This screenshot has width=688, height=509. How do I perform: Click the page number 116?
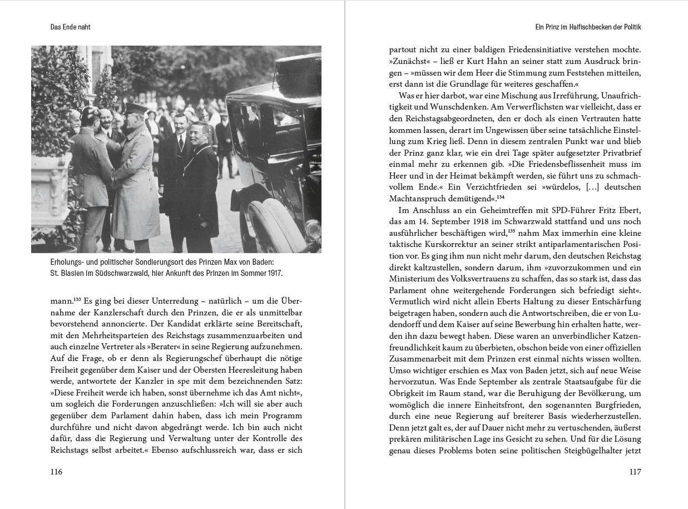(56, 472)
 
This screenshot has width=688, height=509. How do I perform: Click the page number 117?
(635, 472)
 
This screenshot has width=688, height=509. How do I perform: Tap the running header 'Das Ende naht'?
(70, 26)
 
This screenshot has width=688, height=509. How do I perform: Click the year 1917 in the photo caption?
(273, 273)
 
